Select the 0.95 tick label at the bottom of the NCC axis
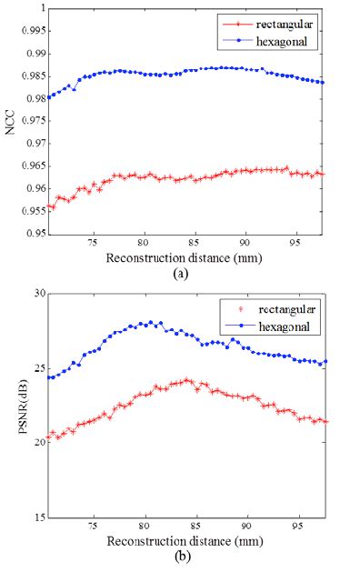click(x=35, y=234)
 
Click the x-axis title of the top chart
click(x=185, y=256)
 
